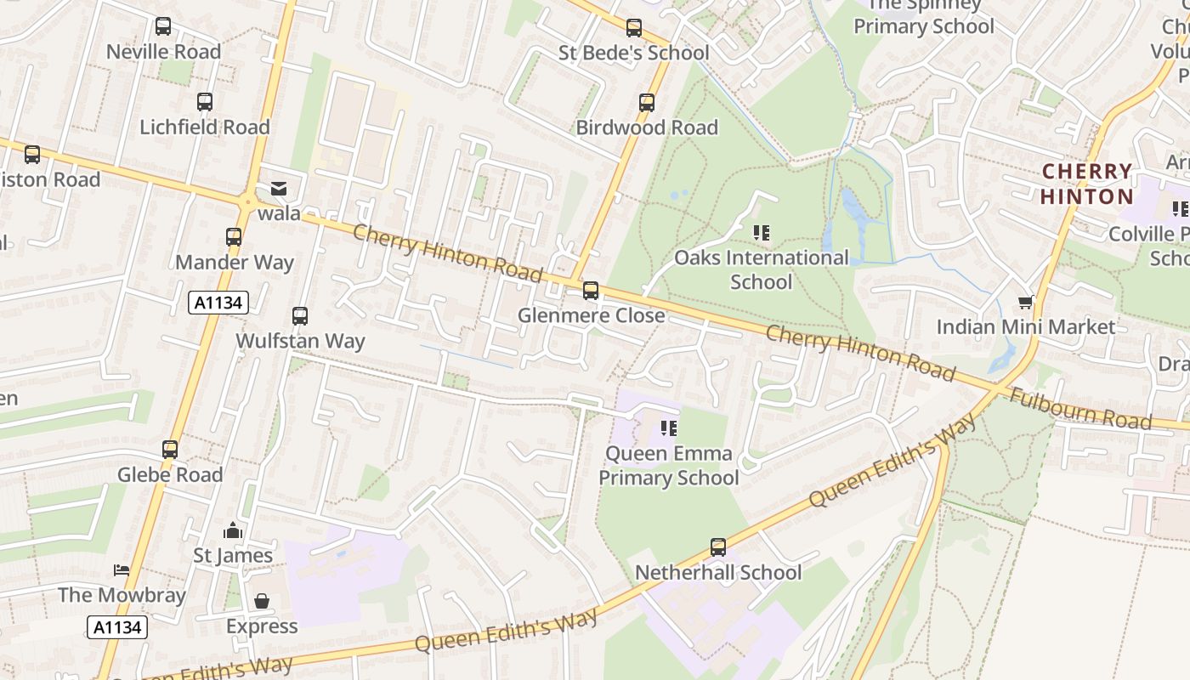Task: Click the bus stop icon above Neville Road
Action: tap(163, 26)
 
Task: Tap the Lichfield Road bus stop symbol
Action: tap(205, 102)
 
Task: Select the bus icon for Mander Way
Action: tap(234, 237)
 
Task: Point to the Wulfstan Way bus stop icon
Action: tap(300, 316)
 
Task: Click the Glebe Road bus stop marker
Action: tap(170, 450)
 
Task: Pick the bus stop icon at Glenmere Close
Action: tap(591, 291)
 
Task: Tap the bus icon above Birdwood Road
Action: tap(647, 103)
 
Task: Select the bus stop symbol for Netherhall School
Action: tap(718, 547)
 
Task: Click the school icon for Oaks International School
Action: tap(762, 232)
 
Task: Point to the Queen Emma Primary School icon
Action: tap(669, 428)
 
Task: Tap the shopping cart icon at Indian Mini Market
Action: tap(1026, 303)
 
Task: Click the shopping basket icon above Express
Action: tap(262, 601)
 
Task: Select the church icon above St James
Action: tap(233, 531)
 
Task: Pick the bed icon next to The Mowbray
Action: tap(122, 569)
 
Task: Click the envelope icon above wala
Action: tap(279, 189)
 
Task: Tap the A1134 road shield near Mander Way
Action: tap(218, 303)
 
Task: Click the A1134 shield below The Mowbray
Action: tap(117, 627)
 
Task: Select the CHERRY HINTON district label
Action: tap(1087, 184)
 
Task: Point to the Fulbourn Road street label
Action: tap(1079, 409)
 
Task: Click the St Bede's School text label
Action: tap(633, 53)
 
